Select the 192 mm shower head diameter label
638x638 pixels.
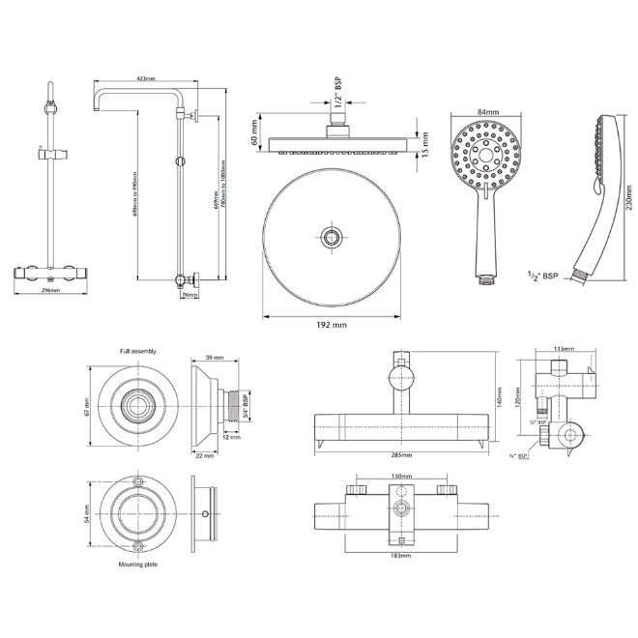[332, 326]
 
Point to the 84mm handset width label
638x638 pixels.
[487, 113]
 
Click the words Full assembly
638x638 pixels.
[138, 351]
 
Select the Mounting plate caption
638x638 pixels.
[138, 564]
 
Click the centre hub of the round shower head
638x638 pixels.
[332, 236]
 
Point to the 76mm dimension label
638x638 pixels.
[189, 295]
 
